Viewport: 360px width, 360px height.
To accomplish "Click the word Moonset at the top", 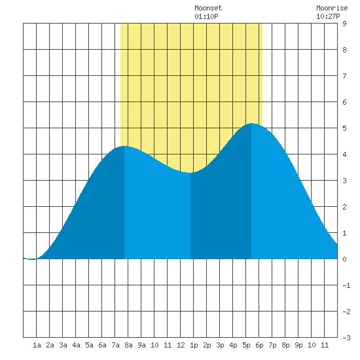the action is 208,8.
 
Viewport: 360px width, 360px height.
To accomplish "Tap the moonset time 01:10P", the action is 206,16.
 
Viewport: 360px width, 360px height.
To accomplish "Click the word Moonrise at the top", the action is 332,8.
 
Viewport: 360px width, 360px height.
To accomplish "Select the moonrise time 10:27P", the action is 328,16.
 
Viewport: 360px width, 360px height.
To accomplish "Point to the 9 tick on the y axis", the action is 344,24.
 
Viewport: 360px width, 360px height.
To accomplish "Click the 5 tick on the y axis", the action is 344,128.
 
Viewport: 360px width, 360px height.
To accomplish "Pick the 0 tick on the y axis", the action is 344,259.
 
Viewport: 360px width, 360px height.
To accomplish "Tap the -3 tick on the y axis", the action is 346,338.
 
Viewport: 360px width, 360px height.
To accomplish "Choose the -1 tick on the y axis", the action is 346,285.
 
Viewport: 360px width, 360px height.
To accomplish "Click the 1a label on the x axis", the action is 37,345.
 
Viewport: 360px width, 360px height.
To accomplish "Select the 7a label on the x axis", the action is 115,345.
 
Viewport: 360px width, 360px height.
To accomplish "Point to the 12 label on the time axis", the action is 181,345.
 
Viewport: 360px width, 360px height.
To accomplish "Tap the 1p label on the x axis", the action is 194,345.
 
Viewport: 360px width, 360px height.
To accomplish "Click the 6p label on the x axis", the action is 259,345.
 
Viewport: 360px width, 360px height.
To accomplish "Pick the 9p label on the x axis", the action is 298,345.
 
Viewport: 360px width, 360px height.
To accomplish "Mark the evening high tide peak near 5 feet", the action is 251,124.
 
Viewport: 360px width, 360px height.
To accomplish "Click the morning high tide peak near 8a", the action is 124,146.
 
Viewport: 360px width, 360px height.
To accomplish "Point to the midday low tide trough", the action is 190,173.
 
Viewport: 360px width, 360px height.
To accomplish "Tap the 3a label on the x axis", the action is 63,345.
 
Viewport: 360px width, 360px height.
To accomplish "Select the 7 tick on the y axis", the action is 344,76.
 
